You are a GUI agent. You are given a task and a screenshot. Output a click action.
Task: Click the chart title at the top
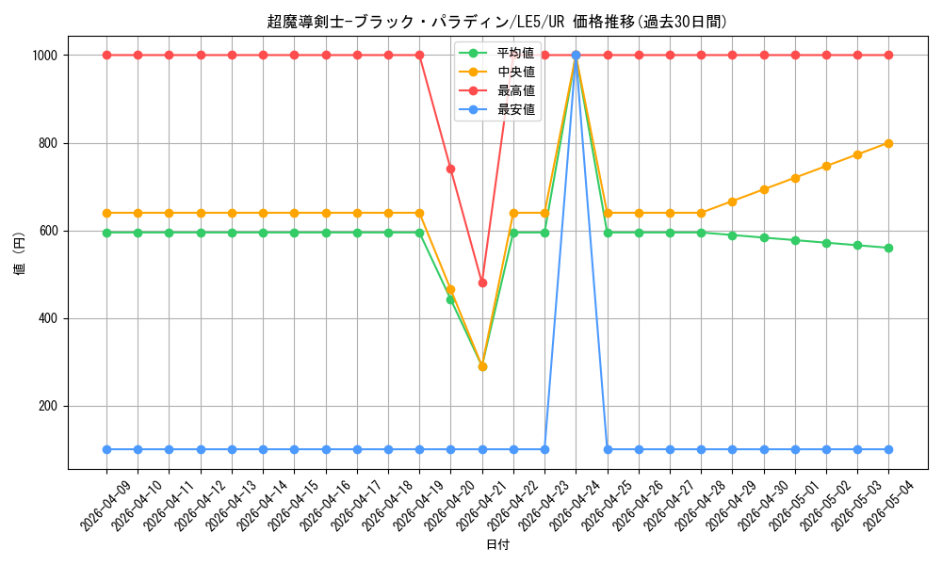coord(496,22)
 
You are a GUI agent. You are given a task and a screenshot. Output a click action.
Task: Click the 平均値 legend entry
coord(497,53)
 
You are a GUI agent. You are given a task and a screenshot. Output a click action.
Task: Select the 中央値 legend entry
coord(497,73)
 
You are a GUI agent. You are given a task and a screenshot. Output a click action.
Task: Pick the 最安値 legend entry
coord(497,110)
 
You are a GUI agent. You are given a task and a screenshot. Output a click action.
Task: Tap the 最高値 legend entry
coord(497,91)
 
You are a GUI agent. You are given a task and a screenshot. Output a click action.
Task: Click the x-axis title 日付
coord(497,544)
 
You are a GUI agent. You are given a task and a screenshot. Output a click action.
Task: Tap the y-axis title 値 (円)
coord(19,252)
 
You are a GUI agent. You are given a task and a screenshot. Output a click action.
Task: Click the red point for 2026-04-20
coord(450,169)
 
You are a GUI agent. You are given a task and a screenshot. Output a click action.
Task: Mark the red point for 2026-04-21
coord(482,282)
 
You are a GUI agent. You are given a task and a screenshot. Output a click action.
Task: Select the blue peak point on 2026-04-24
coord(577,56)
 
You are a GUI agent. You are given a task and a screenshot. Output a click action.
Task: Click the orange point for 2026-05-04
coord(888,143)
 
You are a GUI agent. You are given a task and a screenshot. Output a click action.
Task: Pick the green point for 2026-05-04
coord(888,248)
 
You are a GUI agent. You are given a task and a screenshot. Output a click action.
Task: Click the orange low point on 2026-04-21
coord(482,366)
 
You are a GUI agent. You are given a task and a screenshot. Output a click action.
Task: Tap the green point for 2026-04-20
coord(450,299)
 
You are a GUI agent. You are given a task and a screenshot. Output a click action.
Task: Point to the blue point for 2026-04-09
coord(107,450)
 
